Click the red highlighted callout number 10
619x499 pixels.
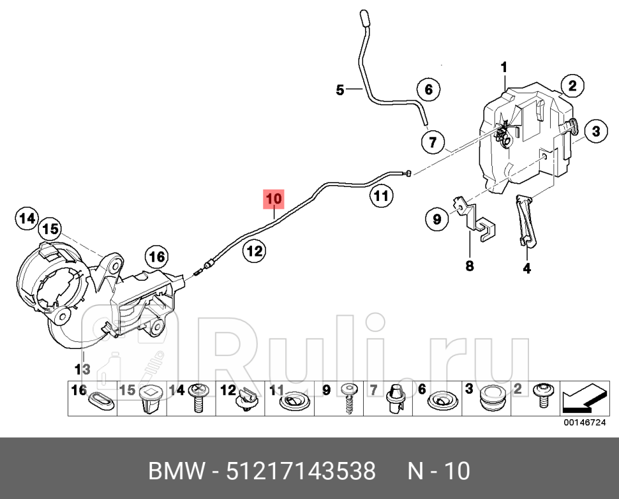click(x=273, y=199)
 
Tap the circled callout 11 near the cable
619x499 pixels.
click(x=380, y=197)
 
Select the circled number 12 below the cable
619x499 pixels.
click(x=254, y=251)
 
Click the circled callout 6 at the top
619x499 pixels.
click(x=428, y=90)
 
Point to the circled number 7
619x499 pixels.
click(x=433, y=142)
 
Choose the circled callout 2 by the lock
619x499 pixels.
click(x=572, y=86)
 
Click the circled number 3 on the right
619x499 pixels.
click(x=594, y=132)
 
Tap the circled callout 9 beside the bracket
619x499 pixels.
click(x=437, y=220)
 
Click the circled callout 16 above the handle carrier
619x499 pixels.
click(x=157, y=258)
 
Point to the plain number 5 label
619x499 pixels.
click(x=340, y=91)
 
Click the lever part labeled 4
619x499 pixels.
click(x=525, y=220)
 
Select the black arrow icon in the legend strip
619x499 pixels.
click(x=583, y=399)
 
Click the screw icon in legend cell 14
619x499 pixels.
click(x=198, y=399)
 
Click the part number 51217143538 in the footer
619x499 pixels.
click(x=299, y=471)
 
